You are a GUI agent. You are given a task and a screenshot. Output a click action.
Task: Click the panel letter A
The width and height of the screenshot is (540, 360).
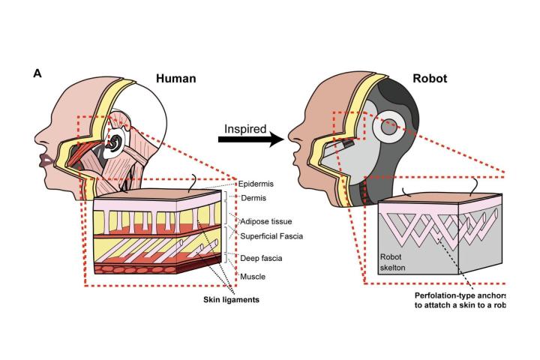[37, 73]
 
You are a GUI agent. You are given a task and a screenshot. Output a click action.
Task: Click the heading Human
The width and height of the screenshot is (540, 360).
[175, 78]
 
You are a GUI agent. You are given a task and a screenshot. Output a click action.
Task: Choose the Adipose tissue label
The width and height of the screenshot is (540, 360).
[265, 222]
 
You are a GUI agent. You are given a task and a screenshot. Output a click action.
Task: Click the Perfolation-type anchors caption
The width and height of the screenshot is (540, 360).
[460, 295]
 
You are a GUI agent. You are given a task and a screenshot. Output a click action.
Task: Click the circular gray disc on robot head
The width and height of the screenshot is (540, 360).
[389, 128]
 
